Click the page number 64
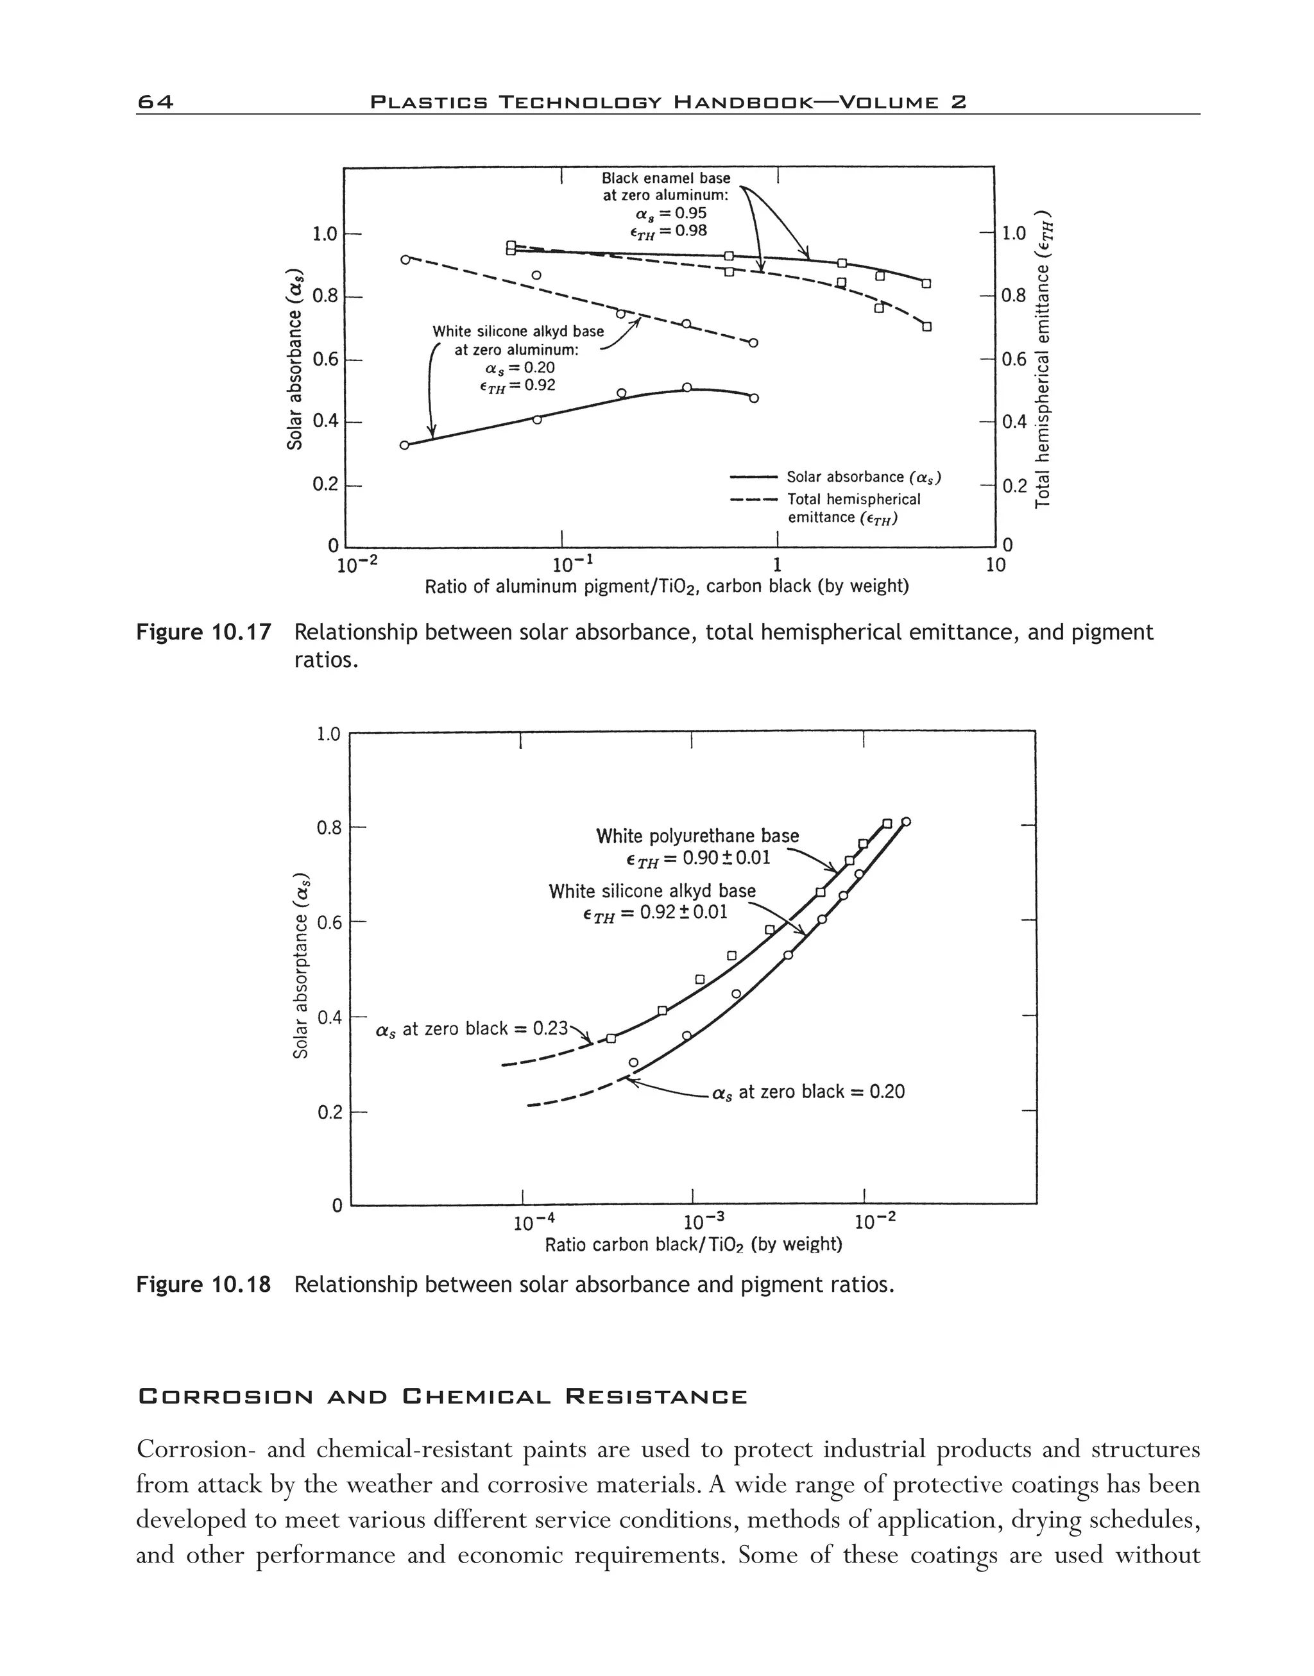coord(155,101)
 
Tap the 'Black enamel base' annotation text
coord(665,178)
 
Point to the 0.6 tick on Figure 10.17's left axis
coord(325,359)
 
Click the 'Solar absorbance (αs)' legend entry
coord(863,478)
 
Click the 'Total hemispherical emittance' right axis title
coord(1043,359)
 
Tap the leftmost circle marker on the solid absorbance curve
coord(405,444)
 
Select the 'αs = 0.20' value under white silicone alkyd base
coord(519,368)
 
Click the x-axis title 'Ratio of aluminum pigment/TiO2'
coord(666,587)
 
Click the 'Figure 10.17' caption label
coord(204,632)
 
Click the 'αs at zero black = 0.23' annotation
coord(472,1029)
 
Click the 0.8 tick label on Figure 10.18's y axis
coord(328,829)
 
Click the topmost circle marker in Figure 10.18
coord(905,822)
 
